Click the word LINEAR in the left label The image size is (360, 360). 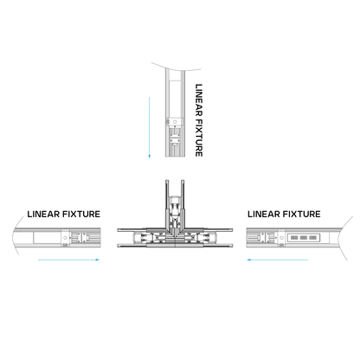tap(43, 214)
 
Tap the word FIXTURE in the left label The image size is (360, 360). tap(81, 214)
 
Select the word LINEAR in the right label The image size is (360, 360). tap(264, 214)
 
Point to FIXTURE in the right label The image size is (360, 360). tap(302, 214)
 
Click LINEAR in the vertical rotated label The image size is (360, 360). tap(199, 100)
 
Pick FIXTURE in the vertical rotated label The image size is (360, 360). tap(199, 138)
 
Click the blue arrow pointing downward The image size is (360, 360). tap(150, 127)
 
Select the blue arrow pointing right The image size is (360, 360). tap(68, 260)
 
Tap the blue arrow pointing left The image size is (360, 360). tap(277, 260)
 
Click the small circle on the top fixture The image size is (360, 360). tap(175, 122)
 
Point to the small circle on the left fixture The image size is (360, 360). tap(65, 238)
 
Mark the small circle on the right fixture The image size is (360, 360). tap(281, 238)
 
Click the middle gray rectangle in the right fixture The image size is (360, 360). tap(303, 238)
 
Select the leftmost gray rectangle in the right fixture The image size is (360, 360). tap(294, 238)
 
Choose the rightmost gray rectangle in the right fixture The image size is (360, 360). tap(312, 238)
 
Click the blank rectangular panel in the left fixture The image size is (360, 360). tap(47, 238)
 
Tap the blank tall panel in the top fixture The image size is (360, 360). tap(175, 99)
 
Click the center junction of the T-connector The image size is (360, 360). tap(175, 237)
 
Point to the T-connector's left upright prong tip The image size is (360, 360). tap(167, 181)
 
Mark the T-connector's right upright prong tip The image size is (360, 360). tap(183, 181)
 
